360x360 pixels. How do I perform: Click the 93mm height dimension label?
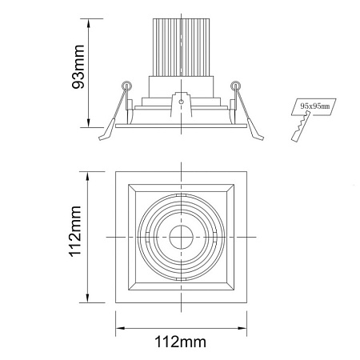tap(78, 66)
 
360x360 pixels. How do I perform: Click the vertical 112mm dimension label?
tap(75, 231)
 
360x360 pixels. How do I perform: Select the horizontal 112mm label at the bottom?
tap(181, 342)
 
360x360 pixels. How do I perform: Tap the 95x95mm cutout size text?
tap(315, 106)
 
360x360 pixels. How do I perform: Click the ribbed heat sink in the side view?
tap(181, 47)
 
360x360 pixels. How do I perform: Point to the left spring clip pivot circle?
tap(126, 86)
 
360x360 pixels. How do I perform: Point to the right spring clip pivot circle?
tap(235, 86)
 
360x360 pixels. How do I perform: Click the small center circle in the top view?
tap(182, 237)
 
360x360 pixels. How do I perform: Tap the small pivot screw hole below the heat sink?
tap(181, 102)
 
